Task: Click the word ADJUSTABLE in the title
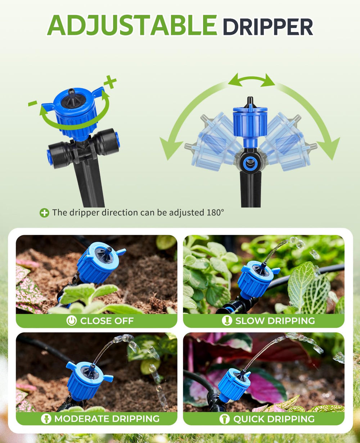tap(132, 25)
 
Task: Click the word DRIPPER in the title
tap(268, 27)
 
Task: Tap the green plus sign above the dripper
tap(110, 82)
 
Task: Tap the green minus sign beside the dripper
tap(33, 103)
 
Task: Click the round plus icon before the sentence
tap(44, 213)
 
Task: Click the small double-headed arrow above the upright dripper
tap(252, 80)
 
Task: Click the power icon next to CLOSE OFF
tap(72, 321)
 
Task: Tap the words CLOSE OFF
tap(107, 321)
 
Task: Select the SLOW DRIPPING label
tap(275, 321)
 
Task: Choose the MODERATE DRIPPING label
tap(107, 419)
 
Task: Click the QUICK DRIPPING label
tap(274, 419)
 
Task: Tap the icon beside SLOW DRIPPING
tap(227, 321)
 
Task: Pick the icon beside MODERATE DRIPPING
tap(46, 419)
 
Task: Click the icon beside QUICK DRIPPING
tap(225, 419)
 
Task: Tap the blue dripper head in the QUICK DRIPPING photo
tap(234, 385)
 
